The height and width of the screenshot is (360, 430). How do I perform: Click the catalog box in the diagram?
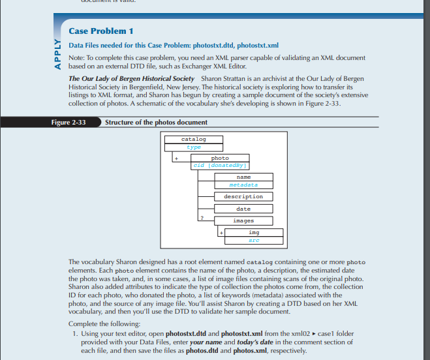[x=193, y=140]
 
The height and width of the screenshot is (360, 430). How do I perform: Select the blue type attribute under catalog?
[x=193, y=147]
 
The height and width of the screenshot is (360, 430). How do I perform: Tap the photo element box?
[x=220, y=158]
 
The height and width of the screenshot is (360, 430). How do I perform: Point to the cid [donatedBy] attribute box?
[x=220, y=166]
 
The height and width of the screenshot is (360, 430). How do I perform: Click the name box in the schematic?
[x=243, y=177]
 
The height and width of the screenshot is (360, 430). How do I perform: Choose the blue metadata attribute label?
[x=243, y=185]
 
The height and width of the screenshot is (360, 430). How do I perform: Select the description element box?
[x=243, y=196]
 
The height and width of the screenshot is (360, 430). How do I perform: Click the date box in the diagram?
[x=243, y=209]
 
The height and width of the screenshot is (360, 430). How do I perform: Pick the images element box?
[x=243, y=221]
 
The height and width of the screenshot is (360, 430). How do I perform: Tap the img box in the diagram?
[x=254, y=233]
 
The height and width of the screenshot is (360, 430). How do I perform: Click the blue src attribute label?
[x=254, y=240]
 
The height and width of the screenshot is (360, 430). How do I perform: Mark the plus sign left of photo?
[x=176, y=158]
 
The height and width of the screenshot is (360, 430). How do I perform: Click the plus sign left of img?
[x=221, y=233]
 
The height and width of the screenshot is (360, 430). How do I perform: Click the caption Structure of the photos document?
[x=156, y=123]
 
